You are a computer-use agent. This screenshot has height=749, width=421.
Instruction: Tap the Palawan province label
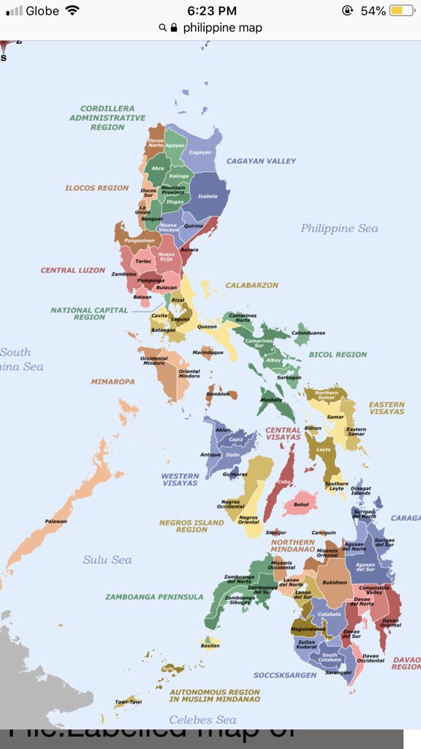(56, 522)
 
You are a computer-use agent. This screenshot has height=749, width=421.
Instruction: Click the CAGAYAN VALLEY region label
(261, 161)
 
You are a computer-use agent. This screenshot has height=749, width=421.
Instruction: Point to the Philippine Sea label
(339, 229)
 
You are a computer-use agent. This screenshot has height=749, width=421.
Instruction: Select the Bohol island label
(300, 505)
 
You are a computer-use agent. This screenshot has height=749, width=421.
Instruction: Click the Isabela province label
(208, 197)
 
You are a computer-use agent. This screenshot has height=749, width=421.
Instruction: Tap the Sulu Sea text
(107, 560)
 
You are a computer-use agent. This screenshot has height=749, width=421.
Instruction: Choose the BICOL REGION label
(338, 355)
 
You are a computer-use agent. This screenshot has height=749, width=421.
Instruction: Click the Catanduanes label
(308, 334)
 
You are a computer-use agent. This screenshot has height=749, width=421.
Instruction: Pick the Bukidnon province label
(335, 583)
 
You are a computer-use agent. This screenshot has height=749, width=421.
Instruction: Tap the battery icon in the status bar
(401, 11)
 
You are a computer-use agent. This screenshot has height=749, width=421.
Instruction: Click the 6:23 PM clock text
(212, 11)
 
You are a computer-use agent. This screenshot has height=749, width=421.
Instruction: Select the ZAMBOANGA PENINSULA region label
(154, 597)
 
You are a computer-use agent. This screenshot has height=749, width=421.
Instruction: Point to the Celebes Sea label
(203, 720)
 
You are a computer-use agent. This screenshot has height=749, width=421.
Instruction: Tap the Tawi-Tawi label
(127, 703)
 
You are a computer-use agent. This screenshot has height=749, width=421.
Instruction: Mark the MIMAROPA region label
(113, 382)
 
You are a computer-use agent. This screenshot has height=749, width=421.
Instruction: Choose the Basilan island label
(210, 646)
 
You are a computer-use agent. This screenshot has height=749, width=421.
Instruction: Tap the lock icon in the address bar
(174, 28)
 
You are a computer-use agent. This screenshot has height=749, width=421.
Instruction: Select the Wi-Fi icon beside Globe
(72, 11)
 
